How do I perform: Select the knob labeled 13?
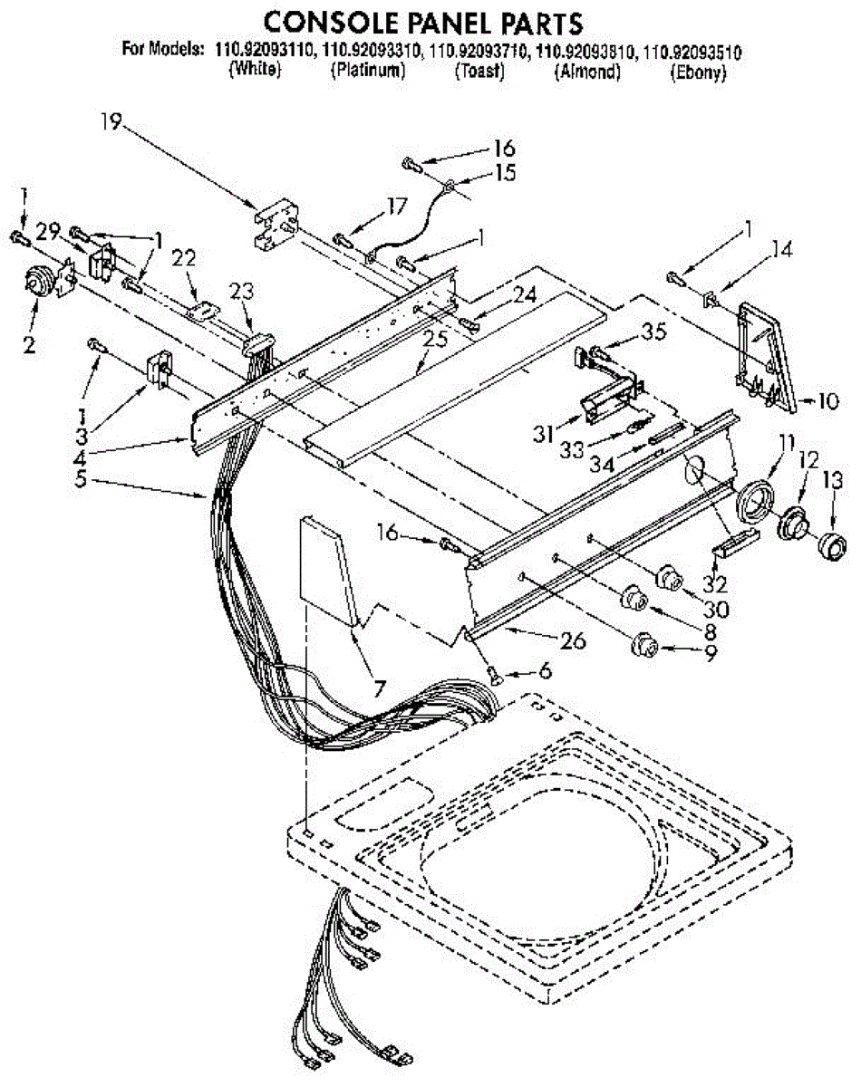pyautogui.click(x=829, y=548)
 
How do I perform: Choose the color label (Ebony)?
pyautogui.click(x=698, y=73)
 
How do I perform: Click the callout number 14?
pyautogui.click(x=781, y=251)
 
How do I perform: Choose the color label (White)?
pyautogui.click(x=255, y=73)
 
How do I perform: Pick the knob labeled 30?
pyautogui.click(x=669, y=577)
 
